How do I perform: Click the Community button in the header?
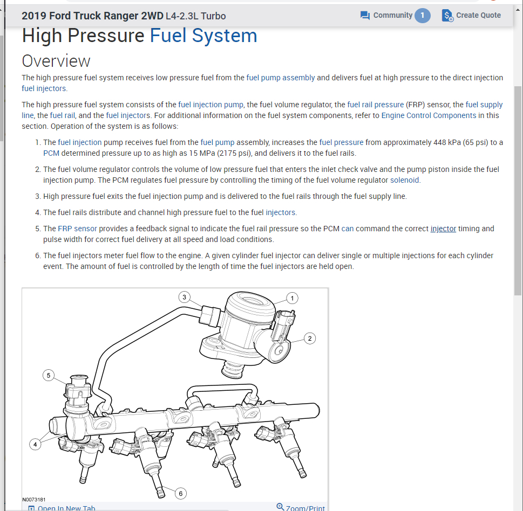386,15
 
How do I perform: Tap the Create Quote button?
471,15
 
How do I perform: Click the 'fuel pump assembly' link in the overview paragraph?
281,78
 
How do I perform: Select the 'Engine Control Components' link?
429,115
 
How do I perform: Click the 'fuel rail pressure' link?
375,105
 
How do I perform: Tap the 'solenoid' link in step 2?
405,180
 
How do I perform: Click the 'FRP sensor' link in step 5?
77,229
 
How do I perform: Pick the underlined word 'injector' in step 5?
443,229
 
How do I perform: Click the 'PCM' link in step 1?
51,153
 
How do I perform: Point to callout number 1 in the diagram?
293,298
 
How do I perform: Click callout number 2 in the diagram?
309,338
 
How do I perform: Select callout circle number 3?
185,297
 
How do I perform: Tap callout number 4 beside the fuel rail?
35,444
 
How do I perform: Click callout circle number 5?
49,375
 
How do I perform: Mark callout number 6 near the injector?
181,493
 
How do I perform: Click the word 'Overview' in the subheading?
56,60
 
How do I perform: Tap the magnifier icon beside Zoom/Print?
280,507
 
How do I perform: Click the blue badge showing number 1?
423,15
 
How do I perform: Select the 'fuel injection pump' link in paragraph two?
210,105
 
